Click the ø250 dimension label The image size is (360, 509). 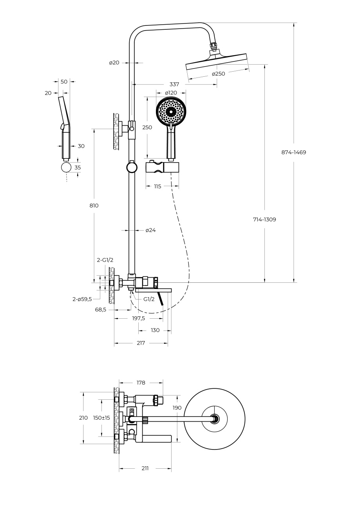(x=219, y=74)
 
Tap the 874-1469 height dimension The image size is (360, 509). (x=293, y=152)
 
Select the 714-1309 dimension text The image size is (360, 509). (x=264, y=220)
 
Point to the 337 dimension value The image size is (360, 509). (x=174, y=84)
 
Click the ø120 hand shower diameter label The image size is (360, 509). (x=171, y=93)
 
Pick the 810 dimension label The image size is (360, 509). (x=94, y=206)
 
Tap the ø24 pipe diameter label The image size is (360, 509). (x=150, y=230)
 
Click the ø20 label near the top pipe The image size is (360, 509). (x=114, y=63)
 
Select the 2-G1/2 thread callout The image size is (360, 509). (x=105, y=260)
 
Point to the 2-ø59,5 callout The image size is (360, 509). (x=82, y=299)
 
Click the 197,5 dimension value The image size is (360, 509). (x=138, y=318)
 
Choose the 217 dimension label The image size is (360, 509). (x=141, y=343)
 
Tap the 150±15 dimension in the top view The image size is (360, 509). (x=101, y=418)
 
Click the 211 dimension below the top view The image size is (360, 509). (x=145, y=468)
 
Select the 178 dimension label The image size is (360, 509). (x=141, y=383)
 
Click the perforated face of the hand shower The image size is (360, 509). (x=171, y=112)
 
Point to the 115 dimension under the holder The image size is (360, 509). (x=157, y=186)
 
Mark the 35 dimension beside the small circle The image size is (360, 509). (x=78, y=168)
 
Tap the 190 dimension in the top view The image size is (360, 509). (x=177, y=408)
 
